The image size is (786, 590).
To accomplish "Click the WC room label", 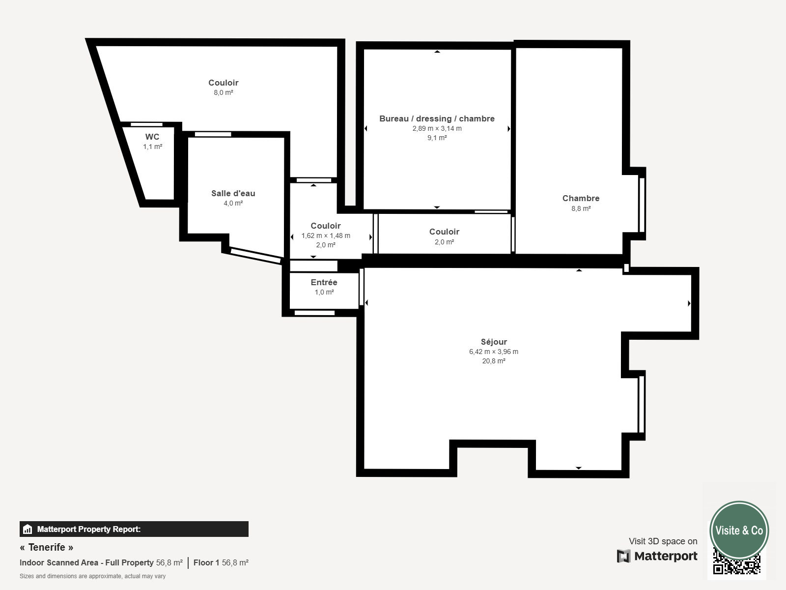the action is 152,137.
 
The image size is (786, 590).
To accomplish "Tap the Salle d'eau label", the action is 233,193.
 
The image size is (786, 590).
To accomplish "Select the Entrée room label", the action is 324,282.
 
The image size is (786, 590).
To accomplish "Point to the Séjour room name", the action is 494,342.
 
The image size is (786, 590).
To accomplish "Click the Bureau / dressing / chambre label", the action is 437,118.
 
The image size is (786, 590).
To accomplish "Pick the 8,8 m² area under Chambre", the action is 581,208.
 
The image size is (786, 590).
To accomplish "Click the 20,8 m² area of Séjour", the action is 494,361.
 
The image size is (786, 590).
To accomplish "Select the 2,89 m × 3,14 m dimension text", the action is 437,128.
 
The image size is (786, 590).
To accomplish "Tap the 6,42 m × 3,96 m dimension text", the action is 494,352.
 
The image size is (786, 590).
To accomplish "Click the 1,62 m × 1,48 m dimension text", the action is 326,236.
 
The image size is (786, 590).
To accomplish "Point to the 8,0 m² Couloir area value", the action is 224,92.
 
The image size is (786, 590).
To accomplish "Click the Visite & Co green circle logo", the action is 739,530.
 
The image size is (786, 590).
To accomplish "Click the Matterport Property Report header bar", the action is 134,529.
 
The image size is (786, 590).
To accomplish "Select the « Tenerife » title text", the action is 47,547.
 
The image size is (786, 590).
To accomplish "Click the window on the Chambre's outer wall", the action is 642,205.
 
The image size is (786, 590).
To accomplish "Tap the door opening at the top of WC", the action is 146,125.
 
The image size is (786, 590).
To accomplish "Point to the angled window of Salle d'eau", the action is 255,256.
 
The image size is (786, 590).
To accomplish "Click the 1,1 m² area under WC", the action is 153,147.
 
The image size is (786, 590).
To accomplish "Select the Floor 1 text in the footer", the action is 206,563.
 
